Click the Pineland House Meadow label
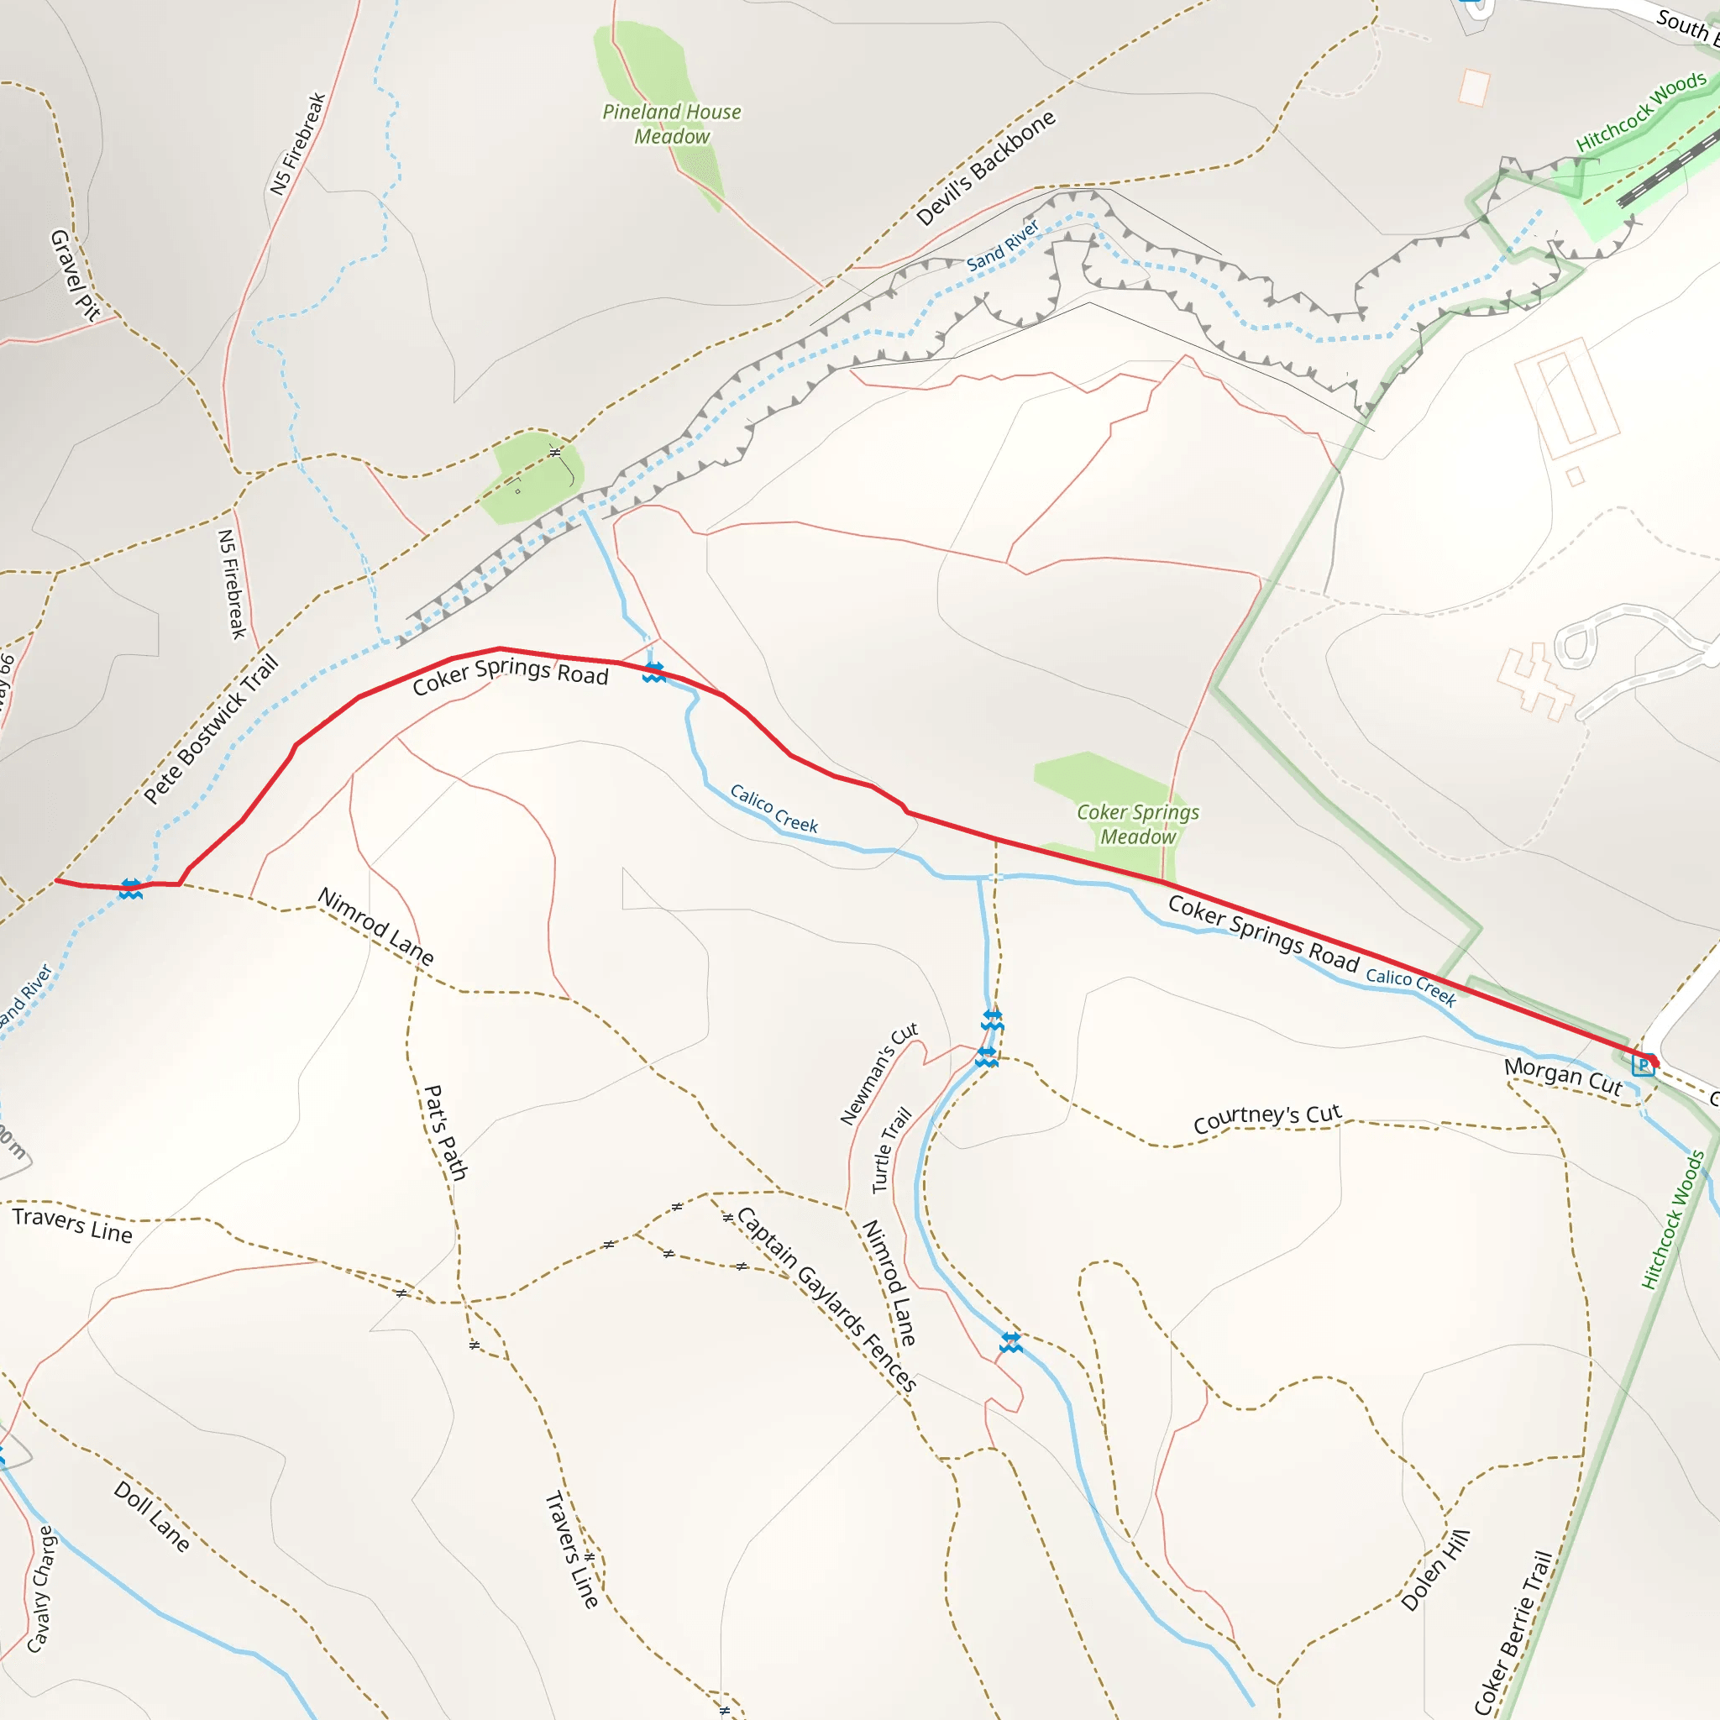point(671,123)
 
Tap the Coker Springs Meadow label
point(1138,825)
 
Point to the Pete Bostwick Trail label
point(211,729)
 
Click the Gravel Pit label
point(75,274)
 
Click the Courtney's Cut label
point(1266,1118)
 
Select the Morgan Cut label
point(1562,1077)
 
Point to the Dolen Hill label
point(1435,1571)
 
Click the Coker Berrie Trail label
point(1513,1633)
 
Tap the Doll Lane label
point(152,1516)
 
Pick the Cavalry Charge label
point(42,1589)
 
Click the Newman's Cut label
point(878,1073)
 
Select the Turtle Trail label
point(891,1150)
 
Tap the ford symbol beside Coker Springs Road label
point(654,672)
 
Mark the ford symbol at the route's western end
point(131,889)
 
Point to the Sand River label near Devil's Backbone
point(1003,245)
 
